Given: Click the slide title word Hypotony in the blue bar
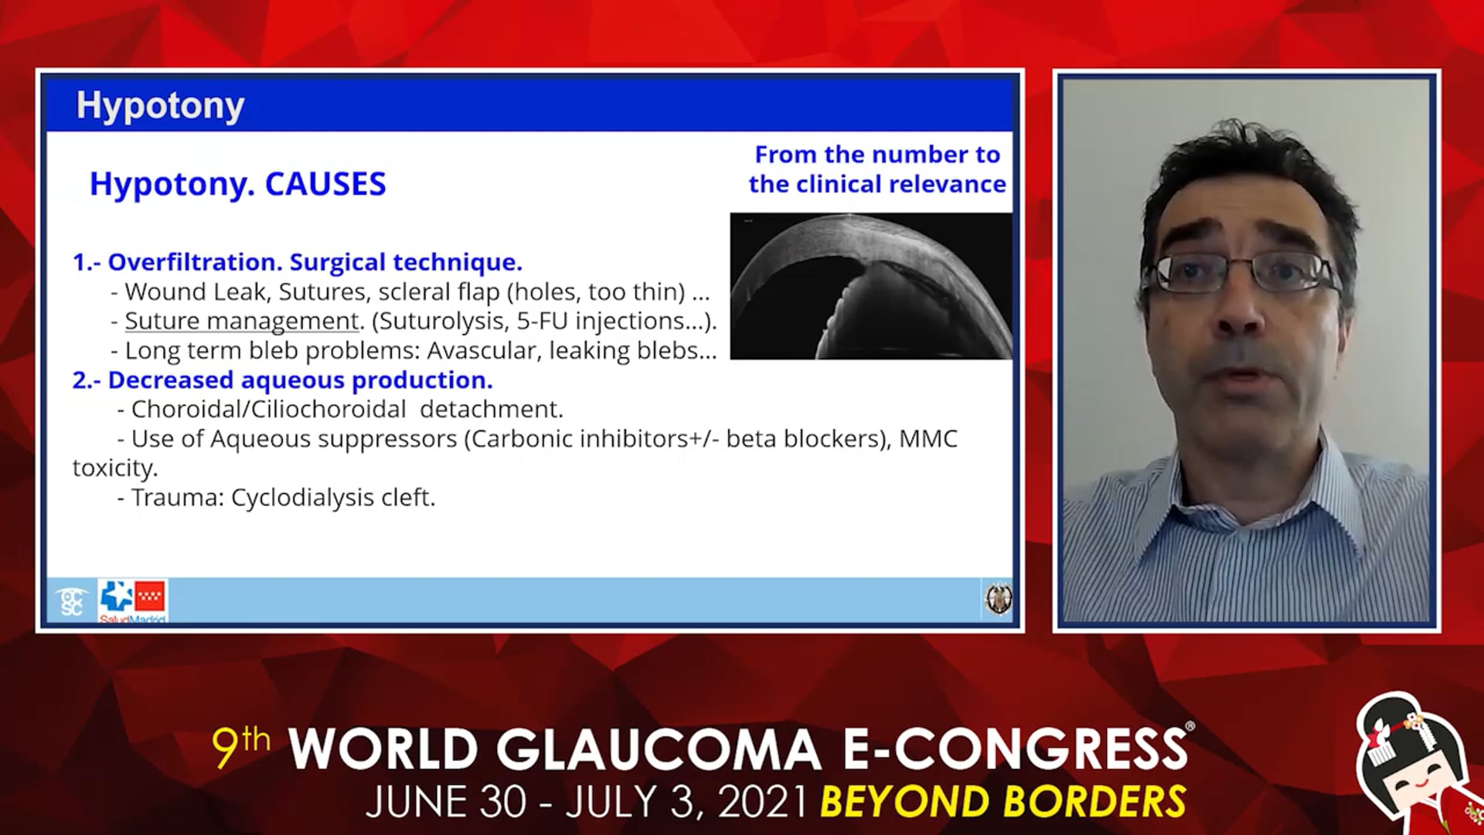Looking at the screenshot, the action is (160, 106).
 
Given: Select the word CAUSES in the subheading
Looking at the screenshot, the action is (325, 184).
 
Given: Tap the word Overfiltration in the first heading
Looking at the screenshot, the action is (195, 262).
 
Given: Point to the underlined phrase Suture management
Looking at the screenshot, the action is (242, 322).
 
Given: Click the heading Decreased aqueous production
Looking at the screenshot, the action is (300, 380).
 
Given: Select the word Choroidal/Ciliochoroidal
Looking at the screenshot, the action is (268, 409).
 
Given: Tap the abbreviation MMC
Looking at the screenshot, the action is (928, 438).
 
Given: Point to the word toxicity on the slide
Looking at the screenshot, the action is (115, 468).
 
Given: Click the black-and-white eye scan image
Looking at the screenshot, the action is (871, 286).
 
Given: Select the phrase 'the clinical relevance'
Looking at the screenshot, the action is (877, 184).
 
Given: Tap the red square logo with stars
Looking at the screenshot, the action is (149, 596).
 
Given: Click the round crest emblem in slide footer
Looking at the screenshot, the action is (998, 599).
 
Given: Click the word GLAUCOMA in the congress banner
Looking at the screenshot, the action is (658, 749).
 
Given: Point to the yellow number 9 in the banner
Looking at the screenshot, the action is (226, 748).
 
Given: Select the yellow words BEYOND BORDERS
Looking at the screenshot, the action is (1002, 801).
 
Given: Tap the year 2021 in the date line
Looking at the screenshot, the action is (763, 802).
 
